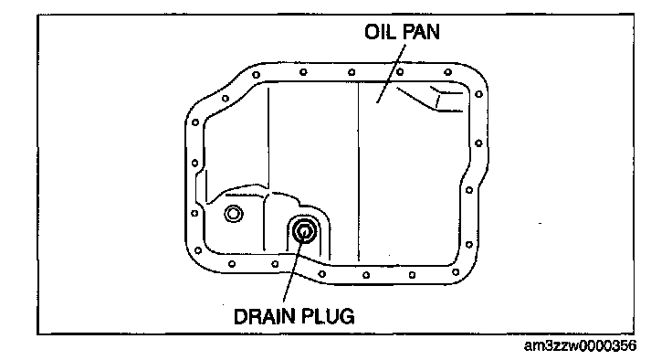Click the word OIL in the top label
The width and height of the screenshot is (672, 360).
380,32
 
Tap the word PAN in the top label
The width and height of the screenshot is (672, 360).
421,32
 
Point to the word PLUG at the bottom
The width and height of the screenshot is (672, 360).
329,317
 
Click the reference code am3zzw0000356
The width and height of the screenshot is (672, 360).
581,345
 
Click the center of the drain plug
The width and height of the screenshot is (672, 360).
304,232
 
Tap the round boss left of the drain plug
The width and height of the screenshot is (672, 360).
233,214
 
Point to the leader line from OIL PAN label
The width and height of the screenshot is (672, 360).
391,72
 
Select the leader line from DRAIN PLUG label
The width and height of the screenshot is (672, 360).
294,269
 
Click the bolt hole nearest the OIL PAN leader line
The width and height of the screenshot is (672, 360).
400,71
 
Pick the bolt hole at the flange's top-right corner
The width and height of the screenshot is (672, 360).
479,94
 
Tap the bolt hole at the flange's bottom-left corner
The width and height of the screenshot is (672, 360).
197,250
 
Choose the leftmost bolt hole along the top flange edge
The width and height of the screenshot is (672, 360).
256,75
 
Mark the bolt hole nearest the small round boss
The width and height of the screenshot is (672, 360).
194,213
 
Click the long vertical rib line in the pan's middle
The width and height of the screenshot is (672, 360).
358,172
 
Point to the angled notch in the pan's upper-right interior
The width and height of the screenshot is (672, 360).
433,99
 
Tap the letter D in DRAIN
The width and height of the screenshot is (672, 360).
240,317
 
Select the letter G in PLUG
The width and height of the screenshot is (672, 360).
348,317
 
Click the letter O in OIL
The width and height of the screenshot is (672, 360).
372,32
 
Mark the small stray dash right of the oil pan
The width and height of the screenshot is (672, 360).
540,223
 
